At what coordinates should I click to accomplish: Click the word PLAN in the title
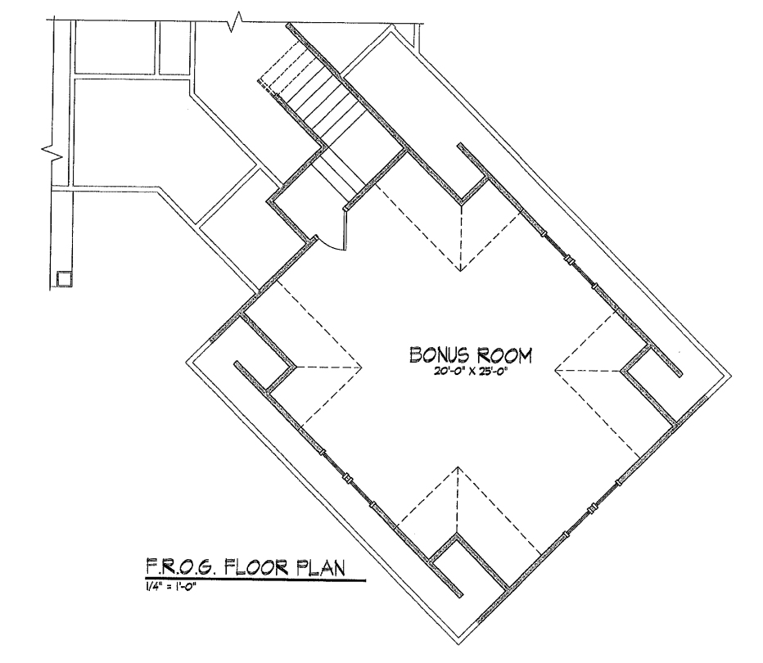pyautogui.click(x=321, y=567)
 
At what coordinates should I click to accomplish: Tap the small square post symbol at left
pyautogui.click(x=64, y=279)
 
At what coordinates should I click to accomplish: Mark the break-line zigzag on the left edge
pyautogui.click(x=52, y=151)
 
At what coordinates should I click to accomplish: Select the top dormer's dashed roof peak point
pyautogui.click(x=460, y=270)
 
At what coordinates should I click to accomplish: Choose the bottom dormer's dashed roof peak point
pyautogui.click(x=458, y=467)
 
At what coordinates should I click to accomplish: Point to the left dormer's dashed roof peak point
pyautogui.click(x=362, y=368)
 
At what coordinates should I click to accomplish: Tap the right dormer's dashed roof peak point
pyautogui.click(x=555, y=371)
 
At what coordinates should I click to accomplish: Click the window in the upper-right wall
pyautogui.click(x=568, y=259)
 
